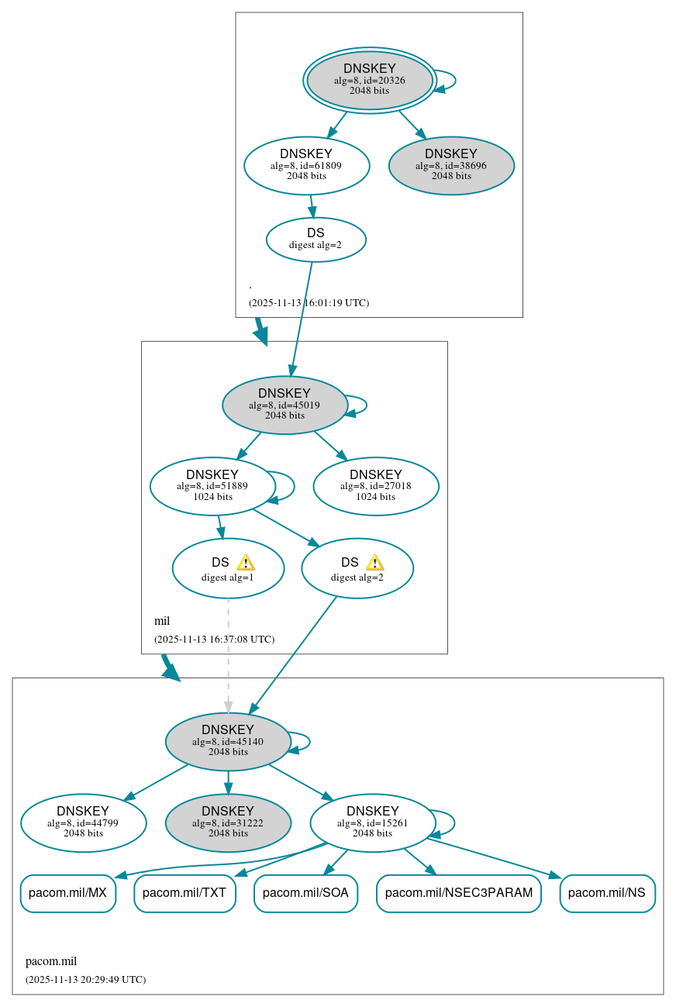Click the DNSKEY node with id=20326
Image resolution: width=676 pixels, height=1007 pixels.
pos(370,80)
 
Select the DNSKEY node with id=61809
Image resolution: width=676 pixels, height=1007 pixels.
pos(306,164)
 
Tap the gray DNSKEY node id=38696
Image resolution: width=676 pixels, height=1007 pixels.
pos(451,164)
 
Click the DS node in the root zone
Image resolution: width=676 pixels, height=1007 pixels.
pos(316,239)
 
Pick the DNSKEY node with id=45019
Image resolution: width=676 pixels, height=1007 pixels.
pos(285,404)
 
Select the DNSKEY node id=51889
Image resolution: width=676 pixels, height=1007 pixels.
pos(212,485)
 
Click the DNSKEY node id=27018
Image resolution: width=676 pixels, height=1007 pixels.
pos(376,485)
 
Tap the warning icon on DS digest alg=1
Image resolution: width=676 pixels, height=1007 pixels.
pos(246,563)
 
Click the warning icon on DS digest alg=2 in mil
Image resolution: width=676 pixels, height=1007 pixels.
pos(375,563)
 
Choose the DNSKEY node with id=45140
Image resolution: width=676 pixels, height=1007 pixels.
pos(228,740)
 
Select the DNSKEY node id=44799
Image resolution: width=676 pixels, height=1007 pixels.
pos(83,822)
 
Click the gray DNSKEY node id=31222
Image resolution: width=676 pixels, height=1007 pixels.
pos(228,822)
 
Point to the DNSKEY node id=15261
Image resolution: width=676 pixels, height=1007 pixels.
pos(372,822)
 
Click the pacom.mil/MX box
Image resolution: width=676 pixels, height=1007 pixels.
pos(68,893)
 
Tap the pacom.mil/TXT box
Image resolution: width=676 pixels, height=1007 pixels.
pos(185,893)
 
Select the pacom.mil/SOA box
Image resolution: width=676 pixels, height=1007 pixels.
pos(305,893)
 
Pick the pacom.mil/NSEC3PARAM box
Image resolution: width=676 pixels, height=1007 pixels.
pos(458,893)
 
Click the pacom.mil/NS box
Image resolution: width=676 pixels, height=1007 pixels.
pos(607,893)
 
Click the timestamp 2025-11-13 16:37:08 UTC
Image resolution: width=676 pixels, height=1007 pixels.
pos(214,640)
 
